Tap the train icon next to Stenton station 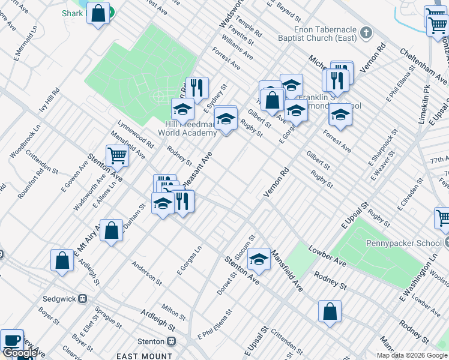pos(171,341)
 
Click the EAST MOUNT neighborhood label pos(144,356)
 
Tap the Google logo pos(19,353)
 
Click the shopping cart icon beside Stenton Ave pos(117,156)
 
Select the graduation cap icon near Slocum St pos(259,259)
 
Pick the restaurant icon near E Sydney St pos(196,88)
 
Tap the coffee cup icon pos(11,340)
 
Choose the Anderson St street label pos(147,271)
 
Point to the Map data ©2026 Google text pos(412,355)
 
